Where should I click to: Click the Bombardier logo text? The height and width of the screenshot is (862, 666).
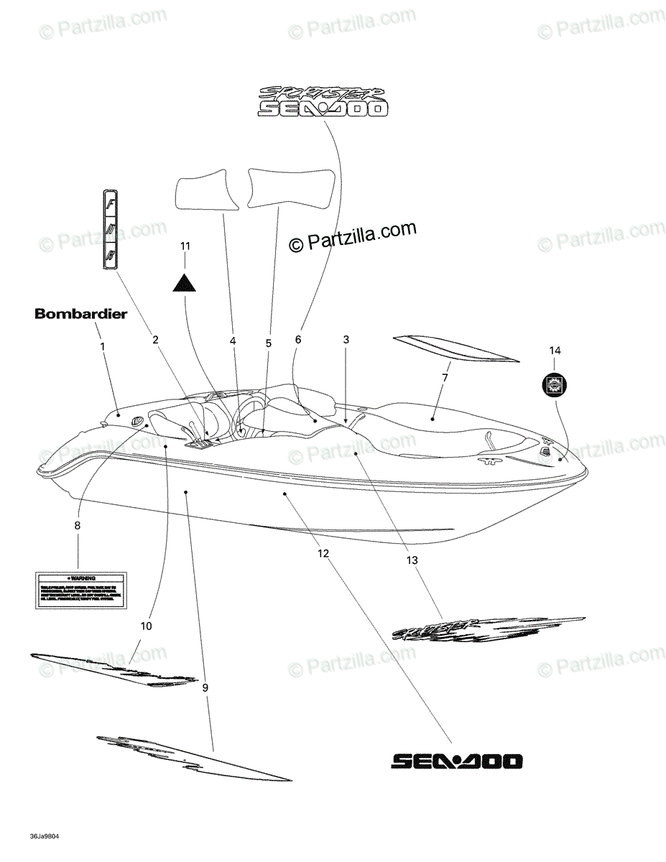click(80, 314)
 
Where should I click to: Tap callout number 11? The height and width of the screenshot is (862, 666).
click(185, 246)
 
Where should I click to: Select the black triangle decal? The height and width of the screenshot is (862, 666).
click(185, 282)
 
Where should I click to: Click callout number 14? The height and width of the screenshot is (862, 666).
click(555, 351)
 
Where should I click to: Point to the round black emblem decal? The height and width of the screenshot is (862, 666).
click(555, 385)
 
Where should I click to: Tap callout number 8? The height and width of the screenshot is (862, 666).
click(78, 526)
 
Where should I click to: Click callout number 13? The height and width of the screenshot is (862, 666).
click(412, 560)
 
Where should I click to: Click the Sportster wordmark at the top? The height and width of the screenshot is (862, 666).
click(323, 93)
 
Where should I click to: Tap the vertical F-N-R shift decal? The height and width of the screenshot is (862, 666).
click(109, 230)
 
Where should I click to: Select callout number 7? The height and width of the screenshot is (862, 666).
click(445, 377)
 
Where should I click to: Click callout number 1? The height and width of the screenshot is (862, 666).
click(102, 346)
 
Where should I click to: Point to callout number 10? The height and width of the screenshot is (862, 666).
click(146, 626)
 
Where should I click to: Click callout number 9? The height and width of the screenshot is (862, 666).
click(205, 688)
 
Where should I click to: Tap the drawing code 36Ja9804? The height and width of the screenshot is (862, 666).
click(45, 838)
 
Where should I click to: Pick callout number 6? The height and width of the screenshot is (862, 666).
click(298, 339)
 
